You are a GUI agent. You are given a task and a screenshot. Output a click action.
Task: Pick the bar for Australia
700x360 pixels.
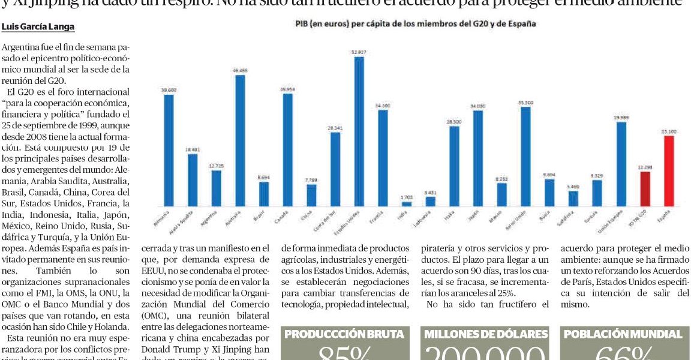point(240,140)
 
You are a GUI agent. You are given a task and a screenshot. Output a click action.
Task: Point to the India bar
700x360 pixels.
point(407,203)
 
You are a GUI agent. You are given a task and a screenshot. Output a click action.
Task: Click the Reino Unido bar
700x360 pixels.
point(525,157)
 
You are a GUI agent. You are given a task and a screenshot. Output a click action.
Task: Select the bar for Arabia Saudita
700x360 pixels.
point(193,180)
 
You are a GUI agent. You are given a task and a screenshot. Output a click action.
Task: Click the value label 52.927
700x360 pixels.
point(359,52)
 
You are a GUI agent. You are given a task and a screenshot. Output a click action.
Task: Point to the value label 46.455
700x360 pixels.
point(240,70)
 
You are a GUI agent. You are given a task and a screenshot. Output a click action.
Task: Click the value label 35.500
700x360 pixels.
point(525,103)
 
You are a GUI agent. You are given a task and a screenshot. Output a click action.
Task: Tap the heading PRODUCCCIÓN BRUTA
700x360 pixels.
point(344,335)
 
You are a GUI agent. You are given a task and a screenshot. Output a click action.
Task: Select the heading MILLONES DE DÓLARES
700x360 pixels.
point(486,335)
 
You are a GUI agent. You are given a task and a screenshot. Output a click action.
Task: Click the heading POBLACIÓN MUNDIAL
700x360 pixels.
point(626,335)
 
